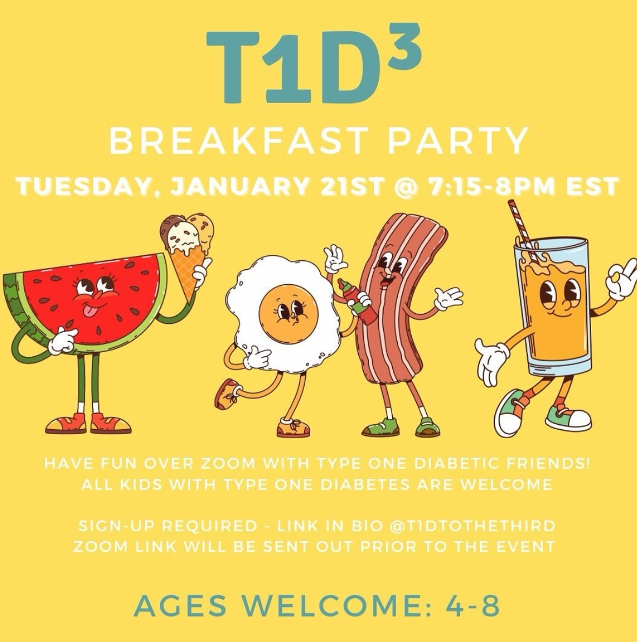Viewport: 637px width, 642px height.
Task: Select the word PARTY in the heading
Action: point(458,139)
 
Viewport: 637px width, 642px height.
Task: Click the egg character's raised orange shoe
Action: point(227,394)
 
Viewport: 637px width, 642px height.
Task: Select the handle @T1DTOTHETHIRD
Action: point(473,526)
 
